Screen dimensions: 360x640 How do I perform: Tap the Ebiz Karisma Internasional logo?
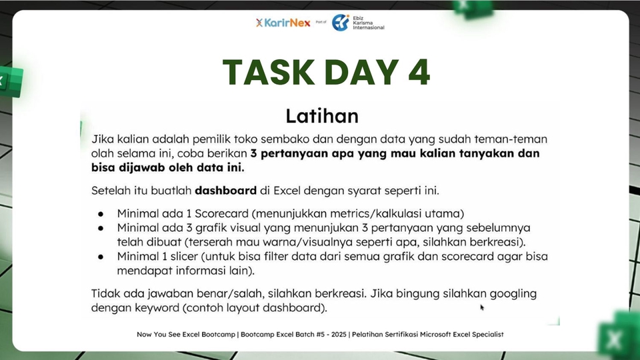coord(359,23)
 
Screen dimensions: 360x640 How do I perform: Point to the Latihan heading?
coord(321,116)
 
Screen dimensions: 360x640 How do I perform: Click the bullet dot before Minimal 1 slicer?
coord(100,257)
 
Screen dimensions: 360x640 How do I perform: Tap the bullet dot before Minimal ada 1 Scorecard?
coord(100,214)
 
